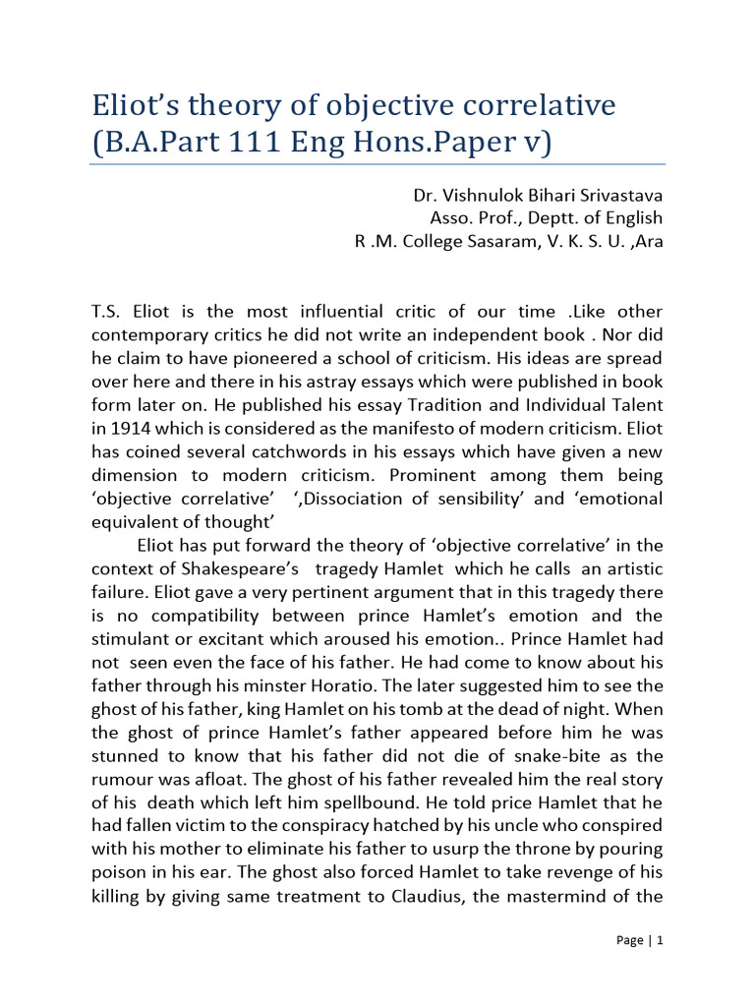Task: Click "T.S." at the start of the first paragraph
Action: (104, 312)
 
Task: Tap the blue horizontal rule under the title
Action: (377, 164)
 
